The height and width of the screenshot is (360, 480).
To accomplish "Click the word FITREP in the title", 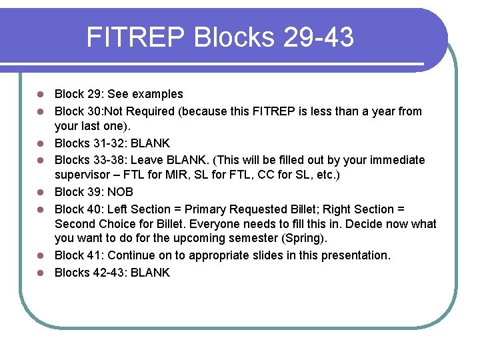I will click(137, 37).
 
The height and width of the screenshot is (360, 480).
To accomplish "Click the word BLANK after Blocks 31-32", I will click(152, 143).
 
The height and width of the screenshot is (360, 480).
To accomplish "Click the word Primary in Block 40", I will click(199, 209).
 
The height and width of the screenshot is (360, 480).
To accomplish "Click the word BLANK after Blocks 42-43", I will click(152, 273).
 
